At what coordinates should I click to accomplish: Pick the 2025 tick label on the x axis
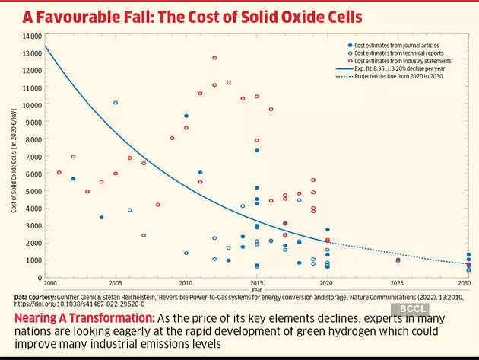tap(398, 282)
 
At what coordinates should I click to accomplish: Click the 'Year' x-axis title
tap(256, 289)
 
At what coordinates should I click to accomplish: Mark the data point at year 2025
tap(398, 260)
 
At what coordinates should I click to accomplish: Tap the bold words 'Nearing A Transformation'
tap(72, 315)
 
